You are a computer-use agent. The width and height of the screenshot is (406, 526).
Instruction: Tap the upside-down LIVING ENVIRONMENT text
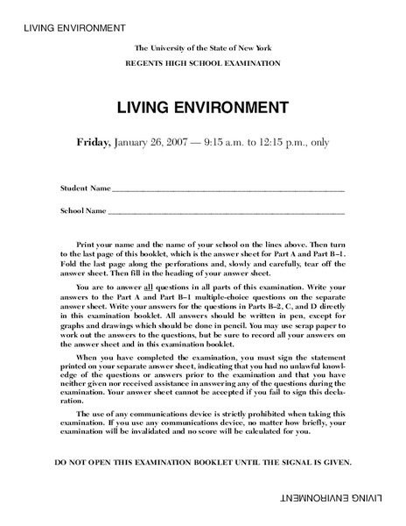[345, 499]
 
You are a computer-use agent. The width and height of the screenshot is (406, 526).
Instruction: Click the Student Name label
[85, 188]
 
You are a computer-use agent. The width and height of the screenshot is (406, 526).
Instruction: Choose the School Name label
[83, 211]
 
